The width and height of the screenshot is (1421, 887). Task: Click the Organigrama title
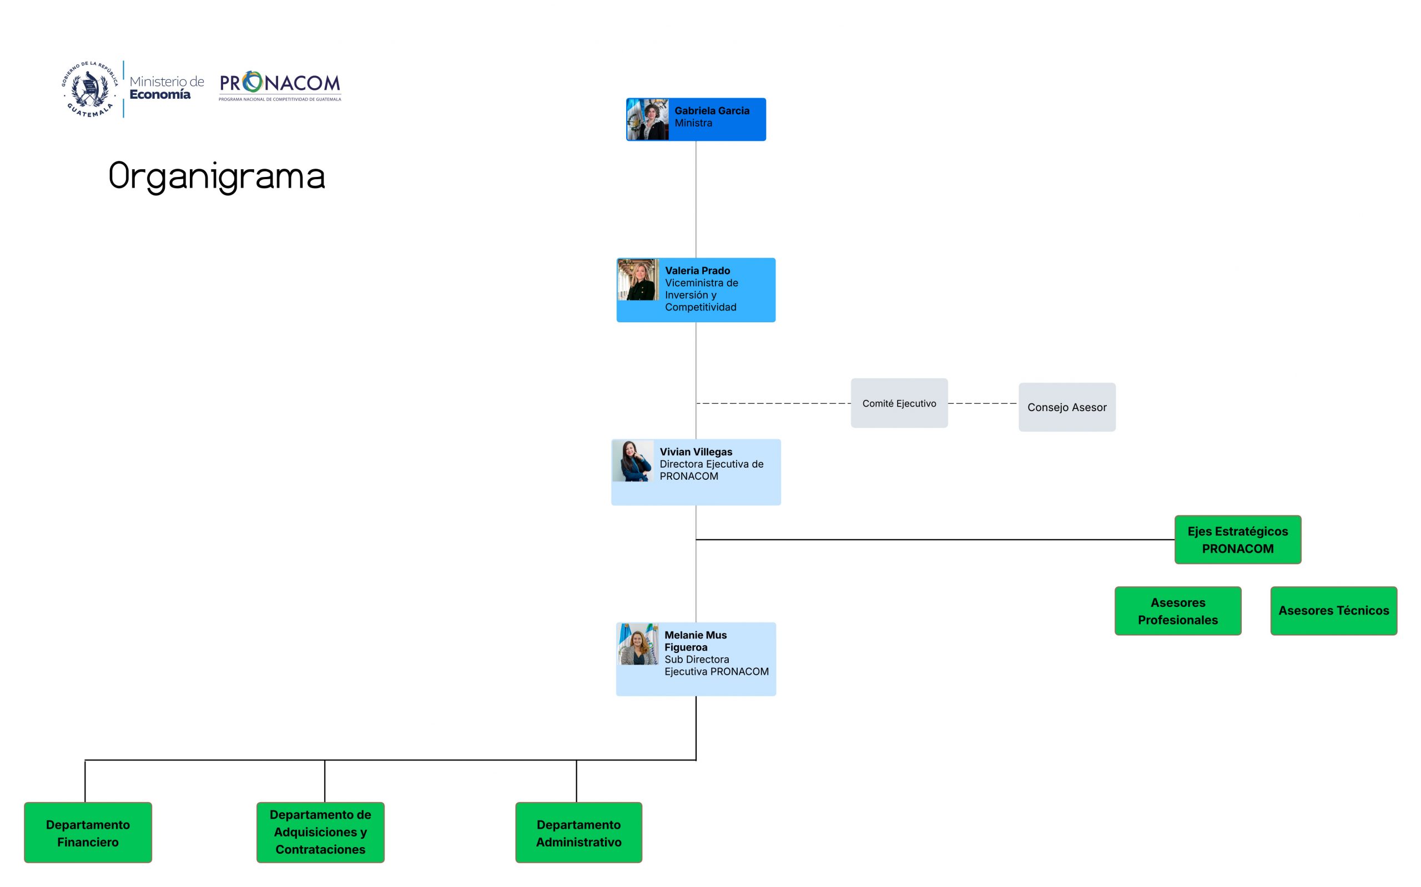(x=216, y=176)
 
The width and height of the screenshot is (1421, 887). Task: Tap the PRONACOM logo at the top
(x=279, y=85)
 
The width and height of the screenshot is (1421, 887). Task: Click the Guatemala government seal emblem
(x=90, y=89)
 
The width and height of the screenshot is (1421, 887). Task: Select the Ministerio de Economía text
(x=167, y=88)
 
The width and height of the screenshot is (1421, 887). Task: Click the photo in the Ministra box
(x=648, y=120)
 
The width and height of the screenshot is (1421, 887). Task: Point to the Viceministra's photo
(x=638, y=280)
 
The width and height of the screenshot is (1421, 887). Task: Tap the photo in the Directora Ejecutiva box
(x=633, y=461)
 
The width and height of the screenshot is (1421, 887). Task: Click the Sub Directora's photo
(x=638, y=643)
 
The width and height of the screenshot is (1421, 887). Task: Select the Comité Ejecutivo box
(x=899, y=403)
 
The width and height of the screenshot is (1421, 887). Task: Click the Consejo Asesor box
(x=1066, y=407)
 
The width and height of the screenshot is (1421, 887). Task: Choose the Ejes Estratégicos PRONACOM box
(x=1237, y=540)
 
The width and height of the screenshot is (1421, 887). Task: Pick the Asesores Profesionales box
(x=1177, y=611)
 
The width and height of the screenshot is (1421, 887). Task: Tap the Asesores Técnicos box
(x=1333, y=611)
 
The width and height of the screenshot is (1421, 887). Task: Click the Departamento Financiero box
(x=88, y=833)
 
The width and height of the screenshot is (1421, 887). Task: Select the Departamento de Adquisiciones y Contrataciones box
(x=320, y=832)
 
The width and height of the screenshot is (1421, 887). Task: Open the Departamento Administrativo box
(x=578, y=833)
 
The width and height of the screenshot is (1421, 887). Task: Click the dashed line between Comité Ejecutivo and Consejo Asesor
(x=982, y=404)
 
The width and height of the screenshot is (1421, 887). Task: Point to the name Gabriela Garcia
(x=712, y=110)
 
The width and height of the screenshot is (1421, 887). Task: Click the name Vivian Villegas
(x=696, y=452)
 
